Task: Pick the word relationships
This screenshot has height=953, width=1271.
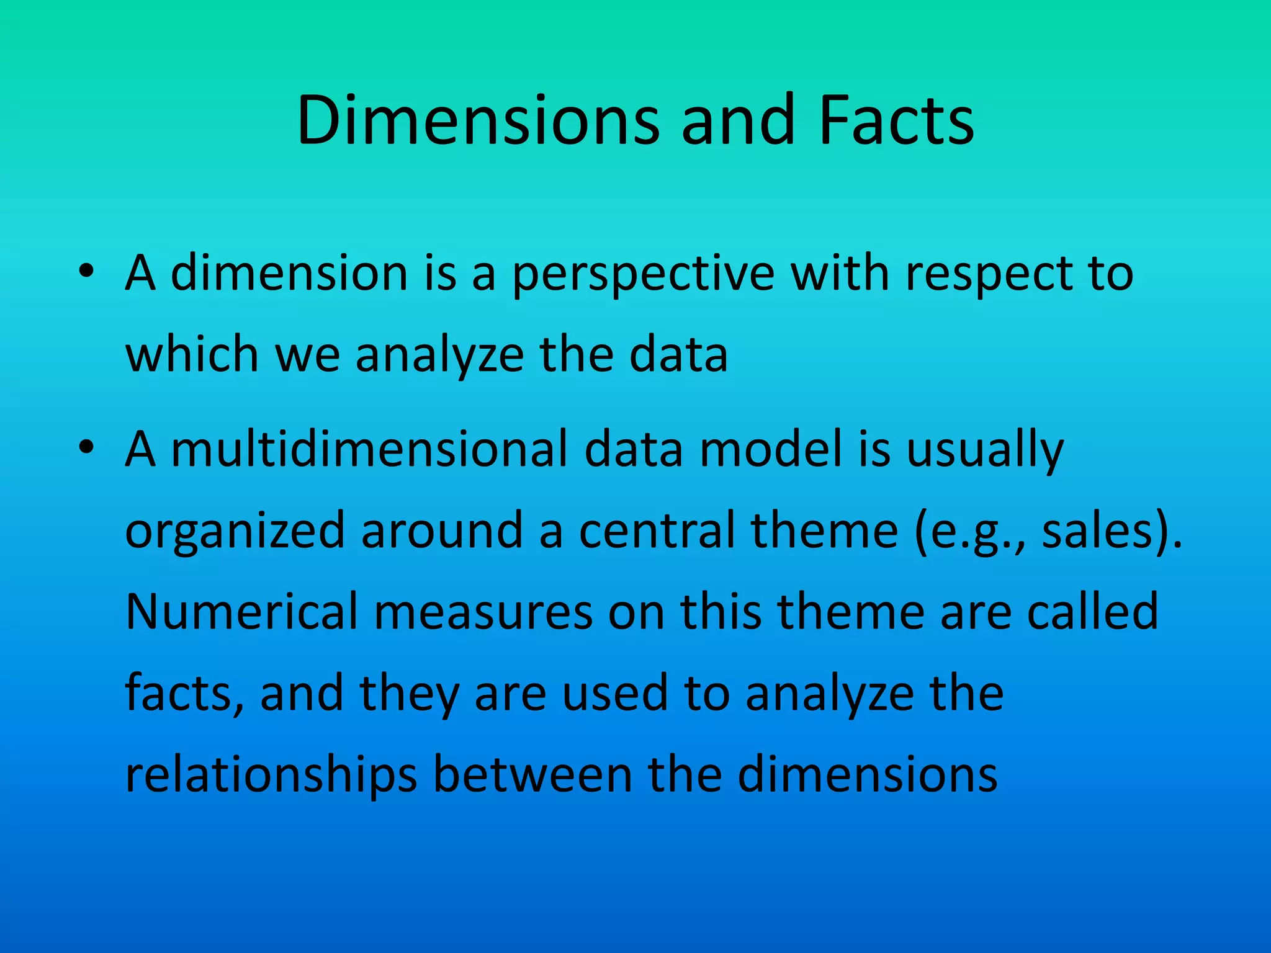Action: coord(271,776)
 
